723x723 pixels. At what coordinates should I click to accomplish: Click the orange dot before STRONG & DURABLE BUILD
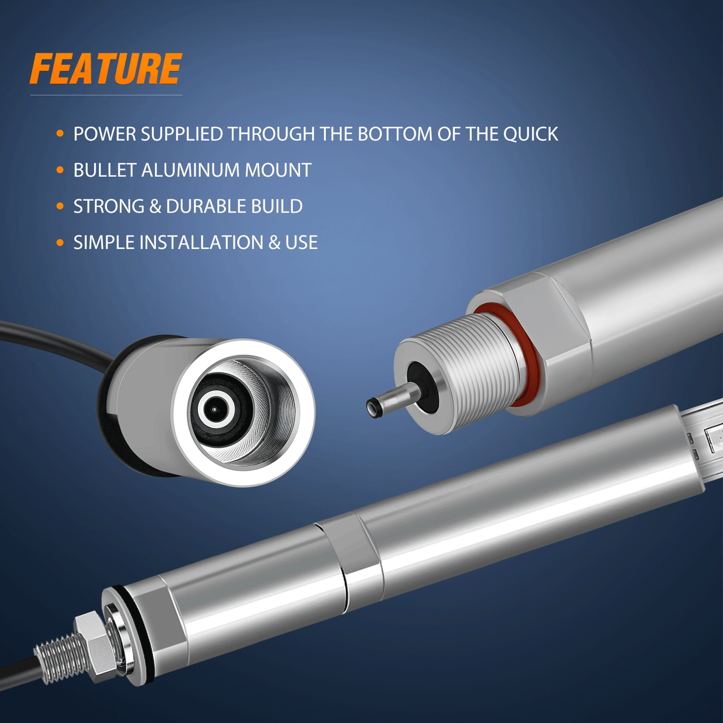[60, 206]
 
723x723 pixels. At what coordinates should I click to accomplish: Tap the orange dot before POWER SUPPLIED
[60, 133]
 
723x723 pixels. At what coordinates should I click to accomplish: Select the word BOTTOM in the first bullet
[395, 134]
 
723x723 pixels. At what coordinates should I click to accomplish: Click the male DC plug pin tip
[372, 407]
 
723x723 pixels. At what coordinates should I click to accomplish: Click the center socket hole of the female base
[214, 409]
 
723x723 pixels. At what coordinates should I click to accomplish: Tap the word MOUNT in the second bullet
[278, 170]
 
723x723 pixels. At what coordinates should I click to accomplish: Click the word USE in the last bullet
[301, 242]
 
